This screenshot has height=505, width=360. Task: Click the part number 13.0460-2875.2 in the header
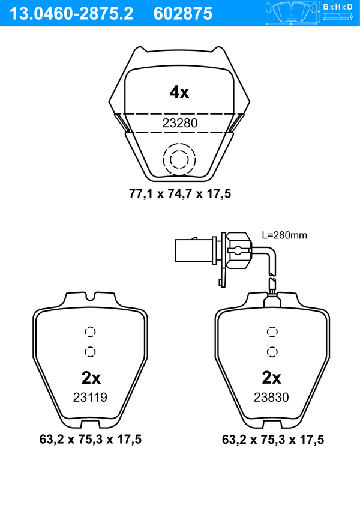click(x=71, y=14)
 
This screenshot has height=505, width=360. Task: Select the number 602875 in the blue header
click(x=183, y=14)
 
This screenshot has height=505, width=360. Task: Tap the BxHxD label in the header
click(x=338, y=7)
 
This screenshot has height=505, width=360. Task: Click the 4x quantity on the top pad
click(x=179, y=92)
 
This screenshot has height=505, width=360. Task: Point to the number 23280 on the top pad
click(x=180, y=123)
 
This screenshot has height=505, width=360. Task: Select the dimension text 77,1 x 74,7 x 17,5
click(x=180, y=194)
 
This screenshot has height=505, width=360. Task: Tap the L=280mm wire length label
click(x=284, y=235)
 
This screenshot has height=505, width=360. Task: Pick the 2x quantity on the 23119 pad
click(x=91, y=378)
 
